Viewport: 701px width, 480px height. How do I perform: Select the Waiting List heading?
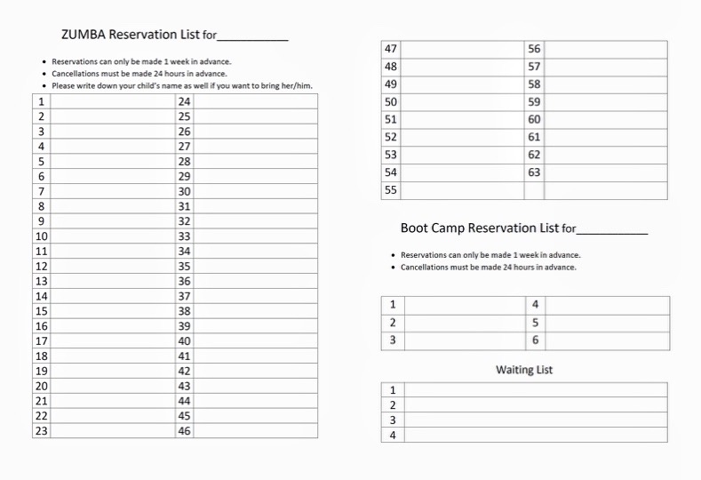[524, 370]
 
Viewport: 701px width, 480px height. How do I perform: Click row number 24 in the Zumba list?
[185, 102]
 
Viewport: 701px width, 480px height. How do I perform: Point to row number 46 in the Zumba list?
[185, 431]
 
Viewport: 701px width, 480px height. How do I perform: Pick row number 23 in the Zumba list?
[41, 431]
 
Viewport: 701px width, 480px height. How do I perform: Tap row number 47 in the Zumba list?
[391, 50]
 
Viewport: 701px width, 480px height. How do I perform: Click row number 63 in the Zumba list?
[534, 173]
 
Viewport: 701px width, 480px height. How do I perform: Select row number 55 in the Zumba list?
[391, 191]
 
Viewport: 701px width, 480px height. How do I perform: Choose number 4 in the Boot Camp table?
[535, 305]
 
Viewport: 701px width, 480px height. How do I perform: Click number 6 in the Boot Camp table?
[535, 340]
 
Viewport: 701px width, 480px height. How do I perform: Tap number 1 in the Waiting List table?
[393, 390]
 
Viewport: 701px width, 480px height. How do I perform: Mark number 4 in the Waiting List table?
[393, 436]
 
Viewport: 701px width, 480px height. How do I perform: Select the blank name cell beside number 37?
[255, 296]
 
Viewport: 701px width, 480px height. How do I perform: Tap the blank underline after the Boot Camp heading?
[612, 231]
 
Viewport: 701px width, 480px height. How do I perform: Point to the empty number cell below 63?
[534, 191]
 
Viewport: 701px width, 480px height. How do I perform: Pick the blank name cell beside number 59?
[605, 102]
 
